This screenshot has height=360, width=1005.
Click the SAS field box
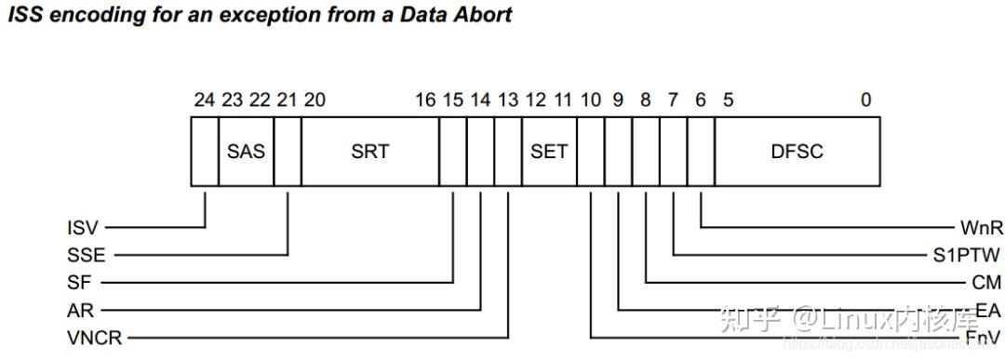[x=246, y=151]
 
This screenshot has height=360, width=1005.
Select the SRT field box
[x=369, y=151]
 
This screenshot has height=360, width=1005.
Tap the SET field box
[x=549, y=151]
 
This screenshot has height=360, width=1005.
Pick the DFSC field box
[x=797, y=151]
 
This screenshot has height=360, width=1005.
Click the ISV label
[x=82, y=227]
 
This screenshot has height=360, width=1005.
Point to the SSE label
[x=87, y=254]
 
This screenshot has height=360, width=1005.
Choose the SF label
[x=79, y=282]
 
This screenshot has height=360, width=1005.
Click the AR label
[x=81, y=309]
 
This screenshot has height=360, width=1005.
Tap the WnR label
[x=980, y=227]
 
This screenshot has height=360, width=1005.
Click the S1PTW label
[x=968, y=254]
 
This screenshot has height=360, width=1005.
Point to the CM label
[x=985, y=282]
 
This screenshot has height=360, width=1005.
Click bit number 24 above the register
[x=204, y=100]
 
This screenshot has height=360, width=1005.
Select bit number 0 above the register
[x=865, y=100]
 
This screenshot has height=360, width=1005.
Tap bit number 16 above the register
[x=425, y=100]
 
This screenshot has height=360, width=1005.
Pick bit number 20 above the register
[x=315, y=100]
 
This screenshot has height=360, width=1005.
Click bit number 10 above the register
[x=590, y=100]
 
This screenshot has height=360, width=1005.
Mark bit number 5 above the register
[x=727, y=100]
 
